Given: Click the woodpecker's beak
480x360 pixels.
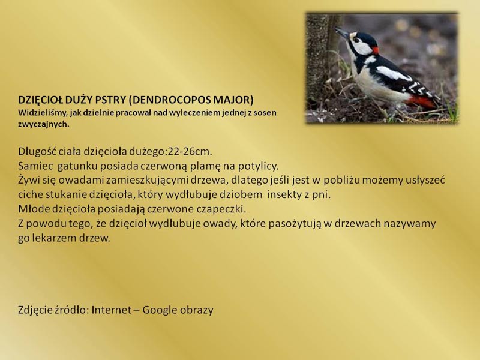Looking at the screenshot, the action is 342,33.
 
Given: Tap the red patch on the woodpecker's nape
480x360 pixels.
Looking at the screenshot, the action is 376,50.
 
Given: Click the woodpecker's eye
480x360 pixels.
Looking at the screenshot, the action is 355,40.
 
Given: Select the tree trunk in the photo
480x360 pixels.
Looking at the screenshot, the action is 319,61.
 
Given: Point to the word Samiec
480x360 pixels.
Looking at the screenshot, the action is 35,166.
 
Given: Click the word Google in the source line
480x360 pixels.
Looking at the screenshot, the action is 160,310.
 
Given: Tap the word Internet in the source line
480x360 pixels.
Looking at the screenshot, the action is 112,310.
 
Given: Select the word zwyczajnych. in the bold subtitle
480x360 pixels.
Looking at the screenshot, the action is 44,124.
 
